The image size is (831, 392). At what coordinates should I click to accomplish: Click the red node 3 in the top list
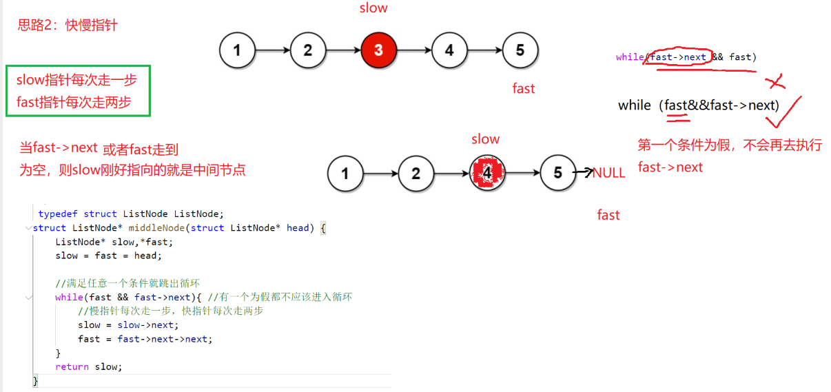pos(378,50)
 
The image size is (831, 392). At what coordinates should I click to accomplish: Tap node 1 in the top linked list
pos(237,50)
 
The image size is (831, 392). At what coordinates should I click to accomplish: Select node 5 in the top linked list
pos(520,50)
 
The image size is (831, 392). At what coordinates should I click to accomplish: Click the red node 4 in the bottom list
pos(487,173)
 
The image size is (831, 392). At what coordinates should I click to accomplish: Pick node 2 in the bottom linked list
pos(415,173)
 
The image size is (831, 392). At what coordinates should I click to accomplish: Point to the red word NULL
pos(608,173)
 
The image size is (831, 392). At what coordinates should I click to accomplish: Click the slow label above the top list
pos(373,8)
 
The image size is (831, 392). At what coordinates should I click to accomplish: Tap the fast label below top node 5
pos(524,88)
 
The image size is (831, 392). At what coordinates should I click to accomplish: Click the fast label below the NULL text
pos(608,215)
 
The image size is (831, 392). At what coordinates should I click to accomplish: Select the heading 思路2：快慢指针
pos(68,26)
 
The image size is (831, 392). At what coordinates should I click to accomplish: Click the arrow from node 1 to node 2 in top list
pos(272,50)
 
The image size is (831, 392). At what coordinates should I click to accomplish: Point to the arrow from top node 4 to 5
pos(484,50)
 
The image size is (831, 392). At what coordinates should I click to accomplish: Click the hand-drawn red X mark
pos(776,83)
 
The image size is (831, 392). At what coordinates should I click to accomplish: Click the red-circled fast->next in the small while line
pos(677,57)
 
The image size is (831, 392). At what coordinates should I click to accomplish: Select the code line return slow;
pos(89,367)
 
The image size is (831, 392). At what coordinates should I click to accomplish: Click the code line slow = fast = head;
pos(109,256)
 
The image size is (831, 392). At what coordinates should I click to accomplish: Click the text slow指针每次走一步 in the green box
pos(76,80)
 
